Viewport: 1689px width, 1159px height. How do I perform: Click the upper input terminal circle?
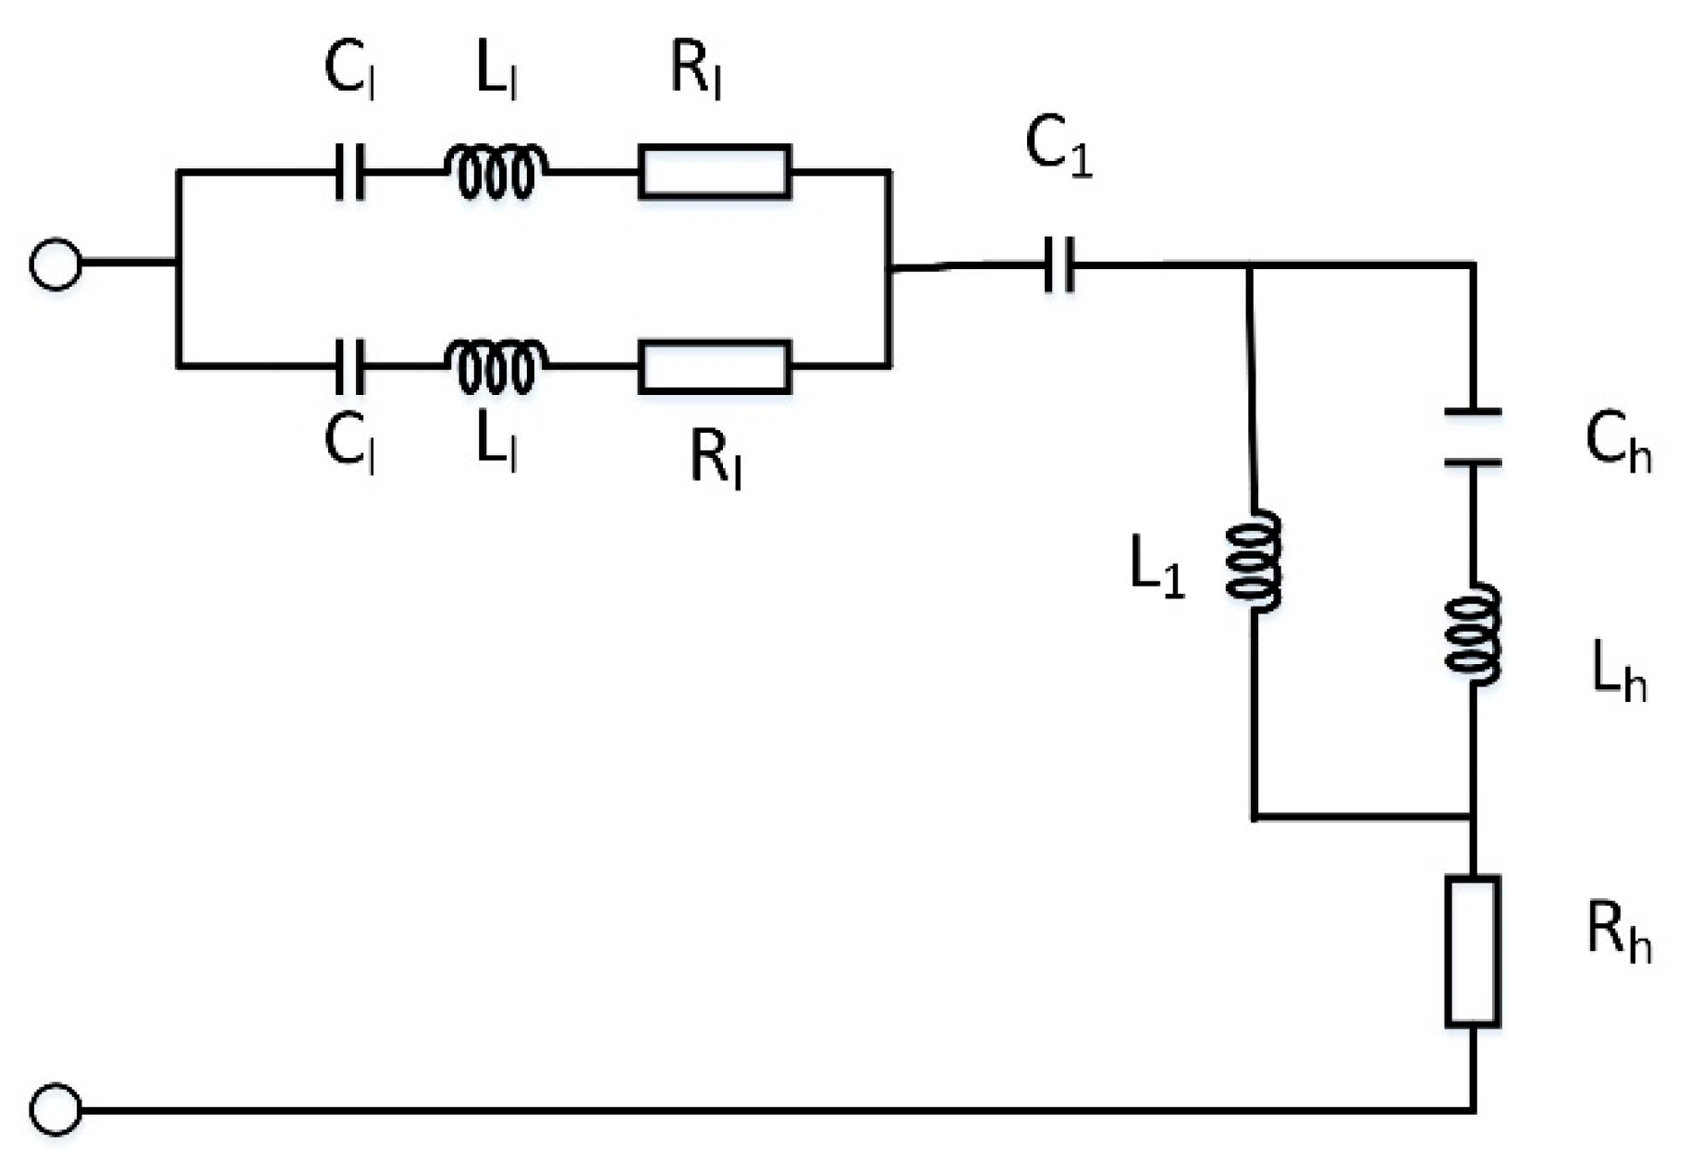click(x=55, y=265)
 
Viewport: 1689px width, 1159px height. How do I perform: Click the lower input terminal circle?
click(x=55, y=1109)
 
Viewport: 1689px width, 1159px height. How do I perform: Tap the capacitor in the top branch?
click(x=349, y=172)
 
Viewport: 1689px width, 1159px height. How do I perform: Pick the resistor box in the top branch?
click(x=714, y=172)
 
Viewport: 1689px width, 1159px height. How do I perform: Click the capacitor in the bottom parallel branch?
click(x=349, y=367)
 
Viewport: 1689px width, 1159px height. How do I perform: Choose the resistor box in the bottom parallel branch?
click(x=714, y=367)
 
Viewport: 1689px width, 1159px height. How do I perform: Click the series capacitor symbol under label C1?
click(x=1059, y=265)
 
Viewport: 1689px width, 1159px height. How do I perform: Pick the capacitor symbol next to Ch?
click(x=1472, y=437)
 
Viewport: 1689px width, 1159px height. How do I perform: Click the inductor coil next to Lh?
click(x=1473, y=636)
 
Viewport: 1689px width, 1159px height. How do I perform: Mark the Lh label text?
click(x=1619, y=673)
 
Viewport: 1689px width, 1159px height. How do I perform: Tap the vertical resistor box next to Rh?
click(x=1472, y=951)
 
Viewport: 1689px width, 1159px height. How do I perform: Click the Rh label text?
click(x=1619, y=934)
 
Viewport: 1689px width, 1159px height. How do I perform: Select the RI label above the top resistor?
click(x=695, y=71)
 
